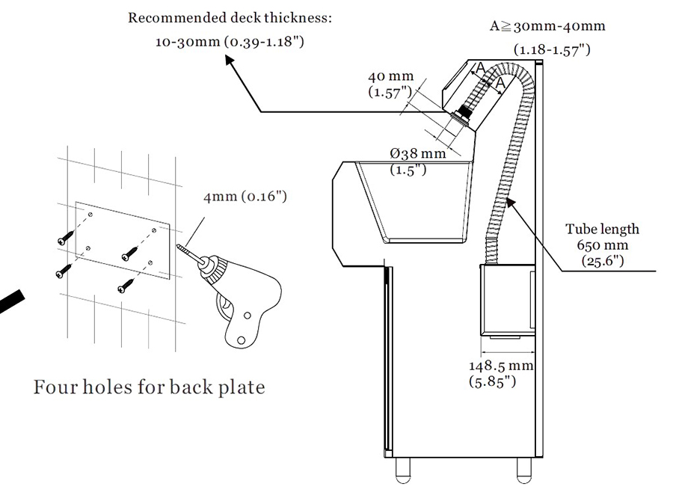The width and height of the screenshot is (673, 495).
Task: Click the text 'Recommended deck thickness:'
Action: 230,17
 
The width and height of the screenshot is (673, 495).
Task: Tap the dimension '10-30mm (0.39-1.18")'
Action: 230,42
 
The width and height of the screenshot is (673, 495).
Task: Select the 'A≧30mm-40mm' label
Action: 547,26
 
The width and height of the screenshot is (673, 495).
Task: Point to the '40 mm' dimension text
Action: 390,77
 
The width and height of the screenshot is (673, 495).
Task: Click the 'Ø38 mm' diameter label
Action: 417,154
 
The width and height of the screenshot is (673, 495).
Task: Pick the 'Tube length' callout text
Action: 602,230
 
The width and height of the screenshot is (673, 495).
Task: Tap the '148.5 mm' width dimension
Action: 500,366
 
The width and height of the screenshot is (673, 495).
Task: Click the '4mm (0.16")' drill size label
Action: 245,197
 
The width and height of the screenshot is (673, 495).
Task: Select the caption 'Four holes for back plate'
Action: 150,388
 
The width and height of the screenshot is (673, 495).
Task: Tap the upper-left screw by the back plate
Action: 65,239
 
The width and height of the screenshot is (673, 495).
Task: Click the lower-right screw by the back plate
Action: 126,284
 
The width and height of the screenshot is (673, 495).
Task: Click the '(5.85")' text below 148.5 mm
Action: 494,383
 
